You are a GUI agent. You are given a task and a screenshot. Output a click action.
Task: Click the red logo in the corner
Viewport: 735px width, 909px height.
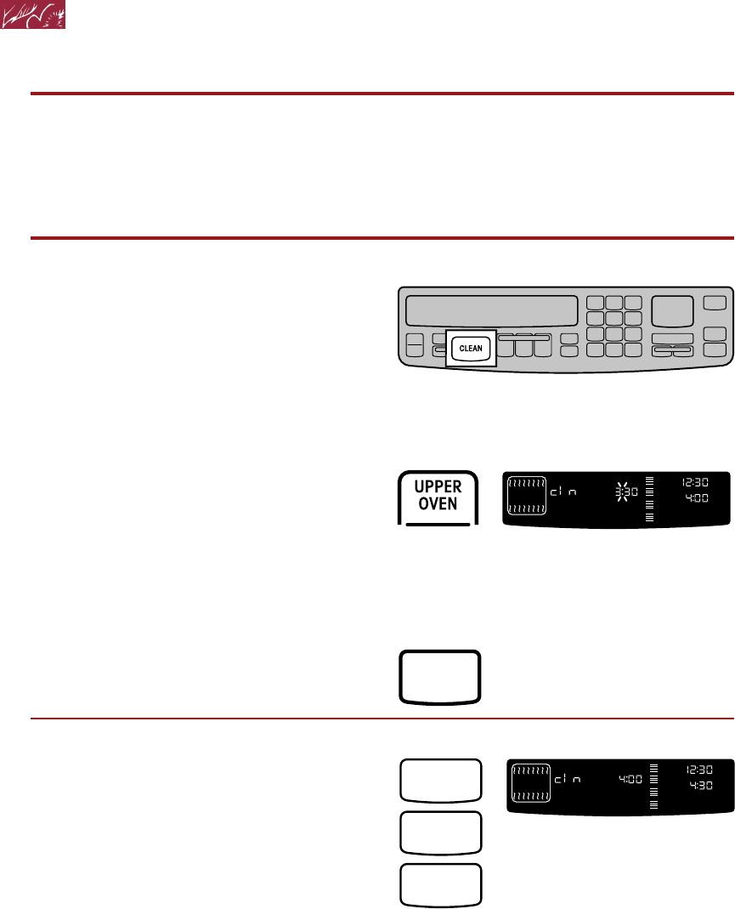click(34, 16)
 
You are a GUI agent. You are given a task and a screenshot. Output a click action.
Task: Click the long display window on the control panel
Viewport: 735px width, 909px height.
click(491, 310)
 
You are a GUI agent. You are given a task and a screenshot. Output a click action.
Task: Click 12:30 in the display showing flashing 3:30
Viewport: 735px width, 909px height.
click(695, 482)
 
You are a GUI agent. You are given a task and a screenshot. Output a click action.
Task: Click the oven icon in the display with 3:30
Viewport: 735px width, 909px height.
click(527, 495)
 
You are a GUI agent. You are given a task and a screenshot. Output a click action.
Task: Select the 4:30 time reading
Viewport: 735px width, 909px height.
click(698, 785)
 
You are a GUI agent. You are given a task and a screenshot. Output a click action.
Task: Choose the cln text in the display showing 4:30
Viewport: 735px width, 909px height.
click(568, 778)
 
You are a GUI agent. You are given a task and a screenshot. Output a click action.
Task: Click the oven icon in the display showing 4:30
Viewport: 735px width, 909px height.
click(529, 781)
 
